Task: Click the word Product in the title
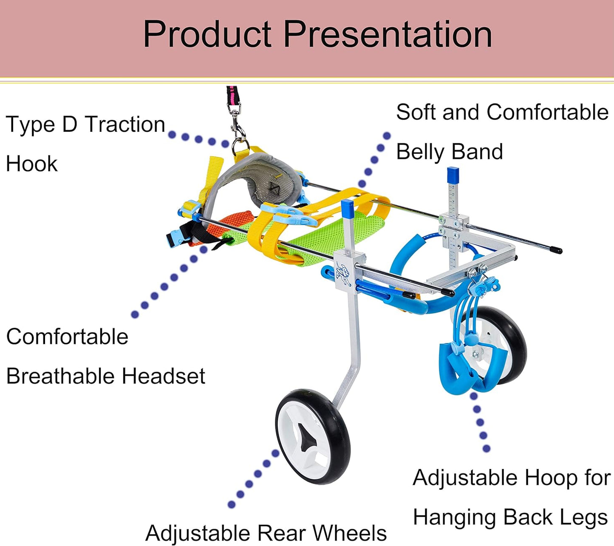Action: pyautogui.click(x=207, y=34)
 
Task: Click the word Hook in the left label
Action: pyautogui.click(x=32, y=164)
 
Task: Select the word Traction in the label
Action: pyautogui.click(x=125, y=124)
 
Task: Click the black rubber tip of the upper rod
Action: pyautogui.click(x=556, y=250)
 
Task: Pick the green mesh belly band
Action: pyautogui.click(x=318, y=236)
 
